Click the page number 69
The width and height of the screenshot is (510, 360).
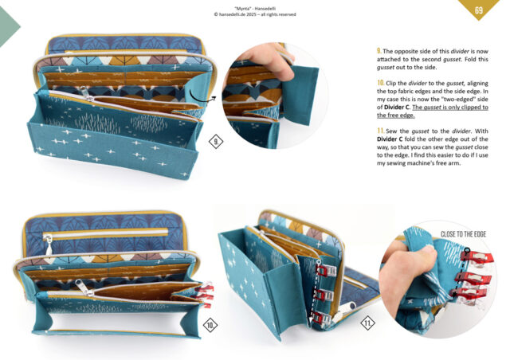[x=478, y=10]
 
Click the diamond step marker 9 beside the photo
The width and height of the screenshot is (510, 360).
[x=216, y=142]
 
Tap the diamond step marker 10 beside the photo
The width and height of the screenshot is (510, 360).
[x=210, y=325]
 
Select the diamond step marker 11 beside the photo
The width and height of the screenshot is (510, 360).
[x=367, y=323]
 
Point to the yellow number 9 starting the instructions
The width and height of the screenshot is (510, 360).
[x=379, y=51]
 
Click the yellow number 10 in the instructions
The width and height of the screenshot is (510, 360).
[x=381, y=83]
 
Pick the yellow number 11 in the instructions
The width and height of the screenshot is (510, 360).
[x=381, y=131]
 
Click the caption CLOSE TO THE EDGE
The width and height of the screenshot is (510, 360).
[x=463, y=234]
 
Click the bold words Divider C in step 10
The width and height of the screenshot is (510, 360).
[x=397, y=108]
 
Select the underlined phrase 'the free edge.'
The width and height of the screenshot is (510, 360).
[x=395, y=115]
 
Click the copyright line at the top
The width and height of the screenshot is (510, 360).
[x=255, y=14]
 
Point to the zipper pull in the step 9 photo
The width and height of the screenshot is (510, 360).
[x=86, y=94]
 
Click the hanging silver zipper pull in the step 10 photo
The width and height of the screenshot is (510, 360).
[x=48, y=244]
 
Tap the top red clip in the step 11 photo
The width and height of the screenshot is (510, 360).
[x=327, y=270]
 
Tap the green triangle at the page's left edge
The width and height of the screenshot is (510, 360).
[x=9, y=26]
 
